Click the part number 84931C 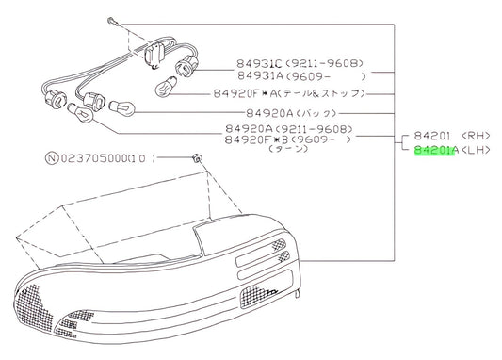pos(259,63)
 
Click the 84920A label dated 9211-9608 pos(249,129)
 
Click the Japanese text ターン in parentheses pos(289,149)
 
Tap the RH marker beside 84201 pos(476,136)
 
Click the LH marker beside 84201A pos(476,150)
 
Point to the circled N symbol pos(52,158)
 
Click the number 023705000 pos(93,158)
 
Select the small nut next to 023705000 pos(197,157)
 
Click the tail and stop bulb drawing pos(166,86)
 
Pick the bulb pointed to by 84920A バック pos(122,108)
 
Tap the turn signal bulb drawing pos(80,113)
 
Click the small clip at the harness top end pos(113,22)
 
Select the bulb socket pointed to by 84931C pos(186,66)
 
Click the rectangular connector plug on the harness pos(154,55)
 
